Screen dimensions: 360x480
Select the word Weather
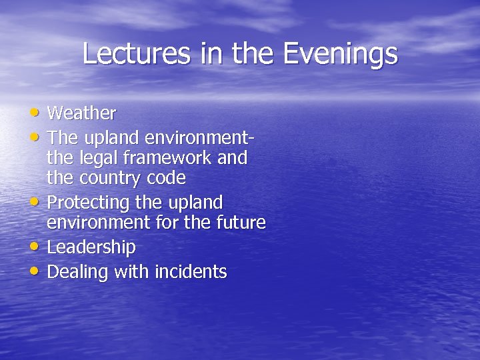(81, 113)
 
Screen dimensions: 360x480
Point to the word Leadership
(91, 247)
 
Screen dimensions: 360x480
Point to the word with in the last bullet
(131, 272)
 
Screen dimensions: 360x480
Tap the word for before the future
(168, 222)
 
